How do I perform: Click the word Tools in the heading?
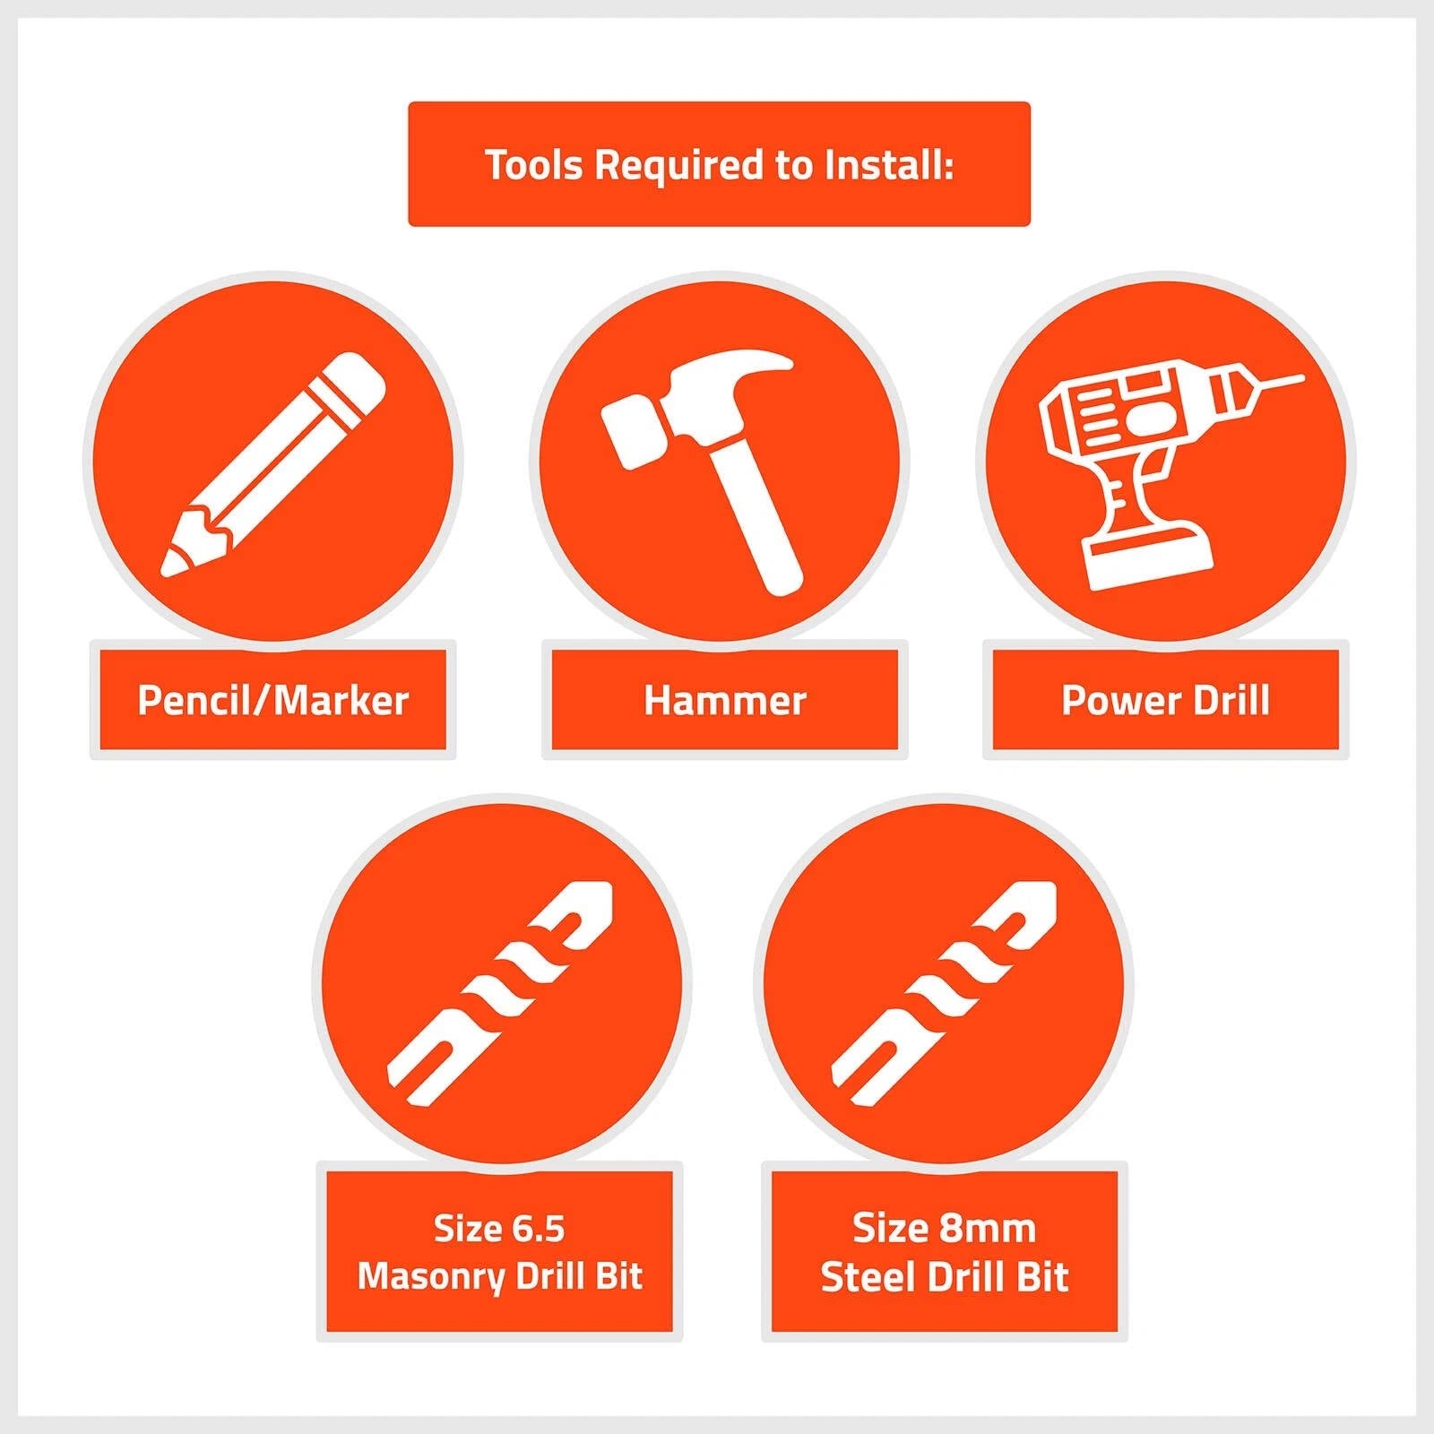534,164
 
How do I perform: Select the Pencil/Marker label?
272,700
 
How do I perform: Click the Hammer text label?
724,700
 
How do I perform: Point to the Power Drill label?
1165,700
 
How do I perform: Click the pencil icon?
272,463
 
